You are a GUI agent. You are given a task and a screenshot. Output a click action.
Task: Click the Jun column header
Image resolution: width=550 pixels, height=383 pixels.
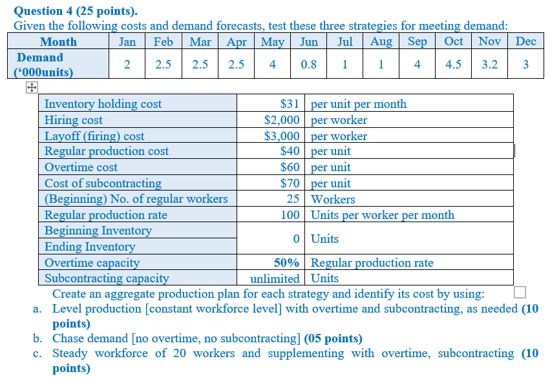click(x=309, y=42)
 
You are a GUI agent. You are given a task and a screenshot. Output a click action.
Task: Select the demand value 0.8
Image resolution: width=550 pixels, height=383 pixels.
click(x=309, y=65)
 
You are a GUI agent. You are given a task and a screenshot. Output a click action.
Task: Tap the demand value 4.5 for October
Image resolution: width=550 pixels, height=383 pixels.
click(x=454, y=65)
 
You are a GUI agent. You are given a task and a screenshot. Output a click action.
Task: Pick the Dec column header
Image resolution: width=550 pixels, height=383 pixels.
click(x=526, y=42)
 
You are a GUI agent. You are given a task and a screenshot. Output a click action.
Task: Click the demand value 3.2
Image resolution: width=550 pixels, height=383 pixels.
click(x=490, y=65)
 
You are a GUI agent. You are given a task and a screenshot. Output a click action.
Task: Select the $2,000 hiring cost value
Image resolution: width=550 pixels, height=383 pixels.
click(x=282, y=120)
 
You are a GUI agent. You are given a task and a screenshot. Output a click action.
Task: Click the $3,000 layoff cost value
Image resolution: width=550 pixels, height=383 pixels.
click(x=282, y=136)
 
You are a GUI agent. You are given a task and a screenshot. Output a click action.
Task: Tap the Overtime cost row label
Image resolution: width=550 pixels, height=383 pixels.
click(x=81, y=167)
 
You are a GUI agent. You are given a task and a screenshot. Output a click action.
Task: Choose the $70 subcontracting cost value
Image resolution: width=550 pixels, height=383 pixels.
click(x=290, y=183)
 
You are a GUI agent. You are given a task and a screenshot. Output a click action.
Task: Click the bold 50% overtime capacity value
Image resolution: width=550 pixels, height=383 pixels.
click(x=287, y=263)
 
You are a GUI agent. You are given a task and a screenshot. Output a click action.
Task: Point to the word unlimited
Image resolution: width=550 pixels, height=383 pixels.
click(x=275, y=279)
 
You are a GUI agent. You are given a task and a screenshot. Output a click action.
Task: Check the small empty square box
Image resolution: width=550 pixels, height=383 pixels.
click(x=520, y=292)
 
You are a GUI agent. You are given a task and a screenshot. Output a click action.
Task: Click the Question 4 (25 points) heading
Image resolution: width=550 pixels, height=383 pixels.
click(x=76, y=11)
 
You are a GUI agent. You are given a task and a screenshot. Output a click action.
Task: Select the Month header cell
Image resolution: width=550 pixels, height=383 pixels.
click(x=58, y=42)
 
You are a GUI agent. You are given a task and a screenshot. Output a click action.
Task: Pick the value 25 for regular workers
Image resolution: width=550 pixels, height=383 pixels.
click(x=293, y=200)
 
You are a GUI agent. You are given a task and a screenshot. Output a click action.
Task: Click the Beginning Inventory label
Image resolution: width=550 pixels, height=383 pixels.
click(x=98, y=231)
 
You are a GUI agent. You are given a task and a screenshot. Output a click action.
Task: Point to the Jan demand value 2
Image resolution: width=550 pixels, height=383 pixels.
click(x=127, y=65)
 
